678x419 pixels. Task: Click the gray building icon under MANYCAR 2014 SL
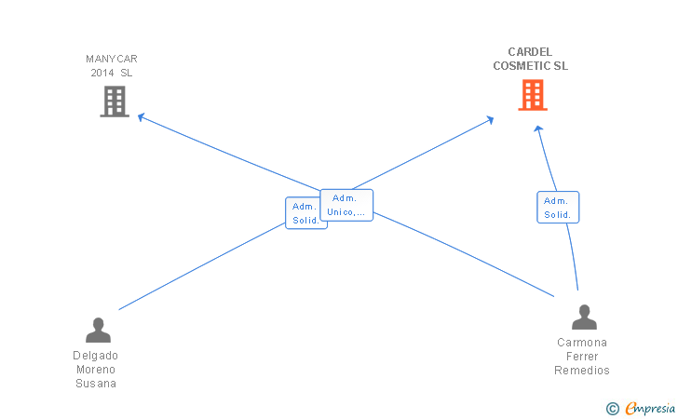pos(115,101)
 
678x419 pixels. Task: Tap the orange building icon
pos(533,95)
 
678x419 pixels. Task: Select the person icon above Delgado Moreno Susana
pos(98,330)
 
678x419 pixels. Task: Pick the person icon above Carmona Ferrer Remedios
pos(584,317)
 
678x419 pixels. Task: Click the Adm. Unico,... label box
pos(346,205)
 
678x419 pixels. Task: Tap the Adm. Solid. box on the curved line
pos(558,207)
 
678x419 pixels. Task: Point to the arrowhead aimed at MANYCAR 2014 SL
pos(141,116)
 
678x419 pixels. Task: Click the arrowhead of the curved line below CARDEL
pos(538,128)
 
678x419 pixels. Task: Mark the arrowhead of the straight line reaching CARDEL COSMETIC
pos(490,119)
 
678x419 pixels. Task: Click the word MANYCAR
pos(112,59)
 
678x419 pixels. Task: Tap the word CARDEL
pos(530,52)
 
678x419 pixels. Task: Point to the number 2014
pos(102,73)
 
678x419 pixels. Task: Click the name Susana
pos(96,384)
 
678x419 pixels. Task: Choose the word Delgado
pos(96,356)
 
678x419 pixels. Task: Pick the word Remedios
pos(582,371)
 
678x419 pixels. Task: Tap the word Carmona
pos(582,343)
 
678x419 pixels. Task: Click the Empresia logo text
pos(650,408)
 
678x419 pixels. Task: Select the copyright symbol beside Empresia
pos(613,409)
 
